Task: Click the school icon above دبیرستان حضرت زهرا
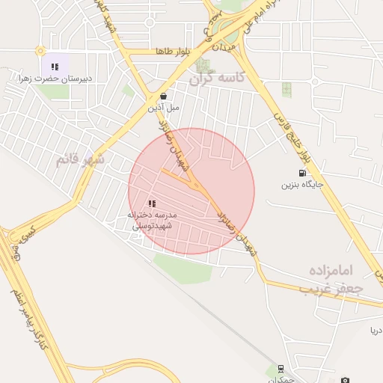(55, 67)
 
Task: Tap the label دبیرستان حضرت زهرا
(55, 78)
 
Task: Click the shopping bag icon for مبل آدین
(164, 96)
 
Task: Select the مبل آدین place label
(164, 107)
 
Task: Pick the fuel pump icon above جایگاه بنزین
(302, 173)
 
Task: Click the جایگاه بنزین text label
(302, 184)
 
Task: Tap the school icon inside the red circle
(152, 203)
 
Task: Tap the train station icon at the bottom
(281, 368)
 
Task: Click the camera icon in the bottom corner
(345, 380)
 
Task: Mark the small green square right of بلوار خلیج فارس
(287, 89)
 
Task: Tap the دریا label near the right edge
(374, 330)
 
